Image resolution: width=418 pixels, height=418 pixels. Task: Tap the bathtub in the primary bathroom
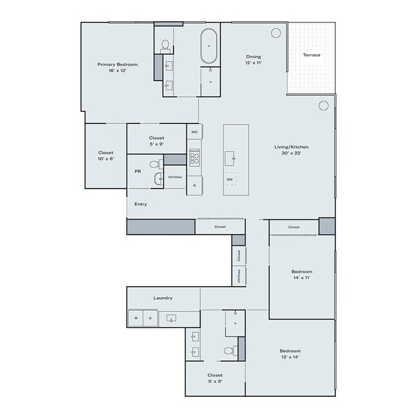[210, 46]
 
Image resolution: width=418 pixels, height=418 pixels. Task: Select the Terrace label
[311, 55]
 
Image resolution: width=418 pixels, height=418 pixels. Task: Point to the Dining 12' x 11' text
[253, 59]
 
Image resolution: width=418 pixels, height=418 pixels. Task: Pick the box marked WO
[195, 132]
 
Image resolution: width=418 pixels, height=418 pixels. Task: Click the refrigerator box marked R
[195, 185]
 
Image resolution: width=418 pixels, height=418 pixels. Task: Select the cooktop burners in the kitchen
[195, 158]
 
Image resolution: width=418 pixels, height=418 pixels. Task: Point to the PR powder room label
[138, 172]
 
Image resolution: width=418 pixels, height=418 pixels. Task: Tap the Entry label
[140, 204]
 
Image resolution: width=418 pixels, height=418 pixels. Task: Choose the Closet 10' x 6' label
[106, 156]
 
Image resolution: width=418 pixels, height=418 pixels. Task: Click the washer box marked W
[136, 318]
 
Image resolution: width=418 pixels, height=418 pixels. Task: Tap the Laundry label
[163, 298]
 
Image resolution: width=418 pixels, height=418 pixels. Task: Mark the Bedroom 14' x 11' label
[302, 275]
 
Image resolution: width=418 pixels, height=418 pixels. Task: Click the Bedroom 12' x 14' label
[290, 354]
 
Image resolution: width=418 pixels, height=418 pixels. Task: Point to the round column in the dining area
[277, 32]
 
